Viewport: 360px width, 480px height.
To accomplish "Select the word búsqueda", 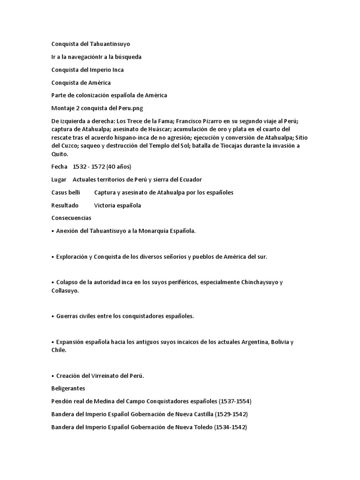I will [x=127, y=57].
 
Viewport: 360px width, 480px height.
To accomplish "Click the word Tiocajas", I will [x=243, y=145].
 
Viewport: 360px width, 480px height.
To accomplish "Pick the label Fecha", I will [x=59, y=166].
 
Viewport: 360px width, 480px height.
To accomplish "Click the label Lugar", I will [x=59, y=180].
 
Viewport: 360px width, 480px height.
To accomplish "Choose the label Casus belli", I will [x=66, y=192].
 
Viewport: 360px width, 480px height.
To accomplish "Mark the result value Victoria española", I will [x=118, y=205].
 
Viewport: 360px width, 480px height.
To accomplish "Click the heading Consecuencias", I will [x=71, y=218].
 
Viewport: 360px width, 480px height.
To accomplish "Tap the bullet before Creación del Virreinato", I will [x=52, y=376].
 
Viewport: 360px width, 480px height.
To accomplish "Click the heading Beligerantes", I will [x=68, y=389].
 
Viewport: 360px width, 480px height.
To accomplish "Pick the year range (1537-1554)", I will [x=235, y=401].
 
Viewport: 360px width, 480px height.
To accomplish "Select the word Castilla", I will [x=201, y=414].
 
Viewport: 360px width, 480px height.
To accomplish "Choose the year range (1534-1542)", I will [x=231, y=427].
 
